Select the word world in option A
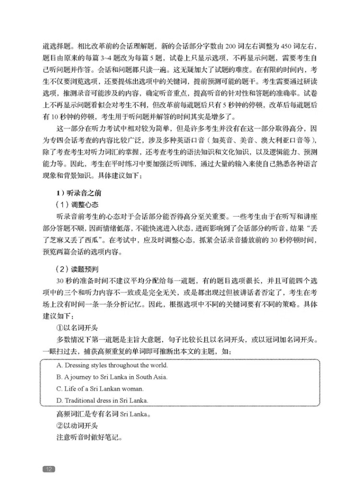158,365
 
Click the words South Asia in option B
154,377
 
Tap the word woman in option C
133,388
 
